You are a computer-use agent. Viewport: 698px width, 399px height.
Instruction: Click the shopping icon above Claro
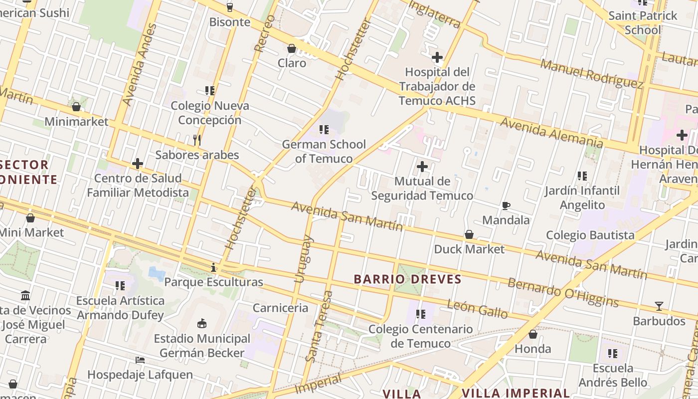click(292, 48)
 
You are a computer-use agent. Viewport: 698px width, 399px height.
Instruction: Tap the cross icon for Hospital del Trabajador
click(437, 57)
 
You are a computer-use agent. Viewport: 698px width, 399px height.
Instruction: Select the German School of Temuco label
click(324, 152)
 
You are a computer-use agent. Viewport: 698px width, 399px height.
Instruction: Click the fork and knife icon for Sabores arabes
click(197, 140)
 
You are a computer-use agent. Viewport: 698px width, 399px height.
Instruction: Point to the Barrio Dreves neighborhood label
click(408, 279)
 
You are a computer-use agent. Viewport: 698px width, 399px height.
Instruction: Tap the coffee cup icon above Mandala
click(506, 205)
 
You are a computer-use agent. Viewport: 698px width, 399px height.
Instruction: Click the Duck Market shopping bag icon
click(469, 234)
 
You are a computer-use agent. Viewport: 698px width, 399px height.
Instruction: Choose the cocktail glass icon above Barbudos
click(659, 306)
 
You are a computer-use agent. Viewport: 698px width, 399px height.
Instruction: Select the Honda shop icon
click(533, 334)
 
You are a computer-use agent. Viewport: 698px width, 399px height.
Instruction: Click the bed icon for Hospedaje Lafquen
click(140, 360)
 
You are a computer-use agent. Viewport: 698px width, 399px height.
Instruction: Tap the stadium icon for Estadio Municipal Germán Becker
click(202, 324)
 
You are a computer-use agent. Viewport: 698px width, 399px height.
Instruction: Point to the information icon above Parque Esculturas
click(213, 268)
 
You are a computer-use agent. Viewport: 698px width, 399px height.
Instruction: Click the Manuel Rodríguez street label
click(591, 73)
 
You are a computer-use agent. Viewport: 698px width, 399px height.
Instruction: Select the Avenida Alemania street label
click(551, 132)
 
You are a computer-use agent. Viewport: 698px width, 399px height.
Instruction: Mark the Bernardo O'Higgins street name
click(563, 292)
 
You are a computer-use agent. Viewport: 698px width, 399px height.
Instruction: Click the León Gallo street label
click(477, 309)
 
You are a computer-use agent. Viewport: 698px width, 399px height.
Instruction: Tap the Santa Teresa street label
click(319, 326)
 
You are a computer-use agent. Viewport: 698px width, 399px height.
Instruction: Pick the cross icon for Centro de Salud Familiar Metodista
click(138, 164)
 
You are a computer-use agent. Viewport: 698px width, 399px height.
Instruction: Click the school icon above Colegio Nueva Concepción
click(210, 91)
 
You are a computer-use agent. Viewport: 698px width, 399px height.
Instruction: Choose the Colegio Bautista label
click(590, 235)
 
